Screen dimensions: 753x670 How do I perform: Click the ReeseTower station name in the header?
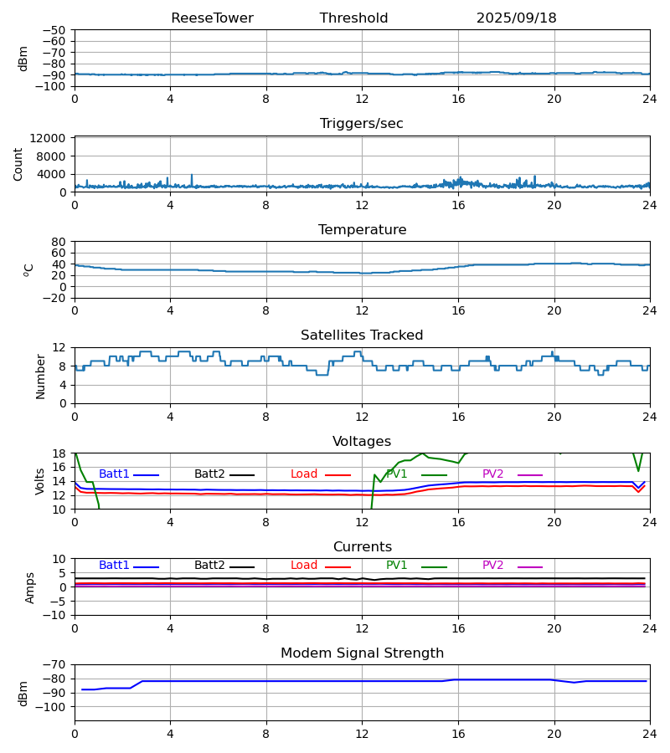click(x=212, y=18)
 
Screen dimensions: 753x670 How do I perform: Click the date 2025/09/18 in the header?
click(x=516, y=18)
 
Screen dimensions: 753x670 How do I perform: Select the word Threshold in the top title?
click(x=353, y=18)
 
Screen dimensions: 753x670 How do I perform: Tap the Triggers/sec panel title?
click(x=362, y=124)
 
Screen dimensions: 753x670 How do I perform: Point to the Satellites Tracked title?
click(x=362, y=336)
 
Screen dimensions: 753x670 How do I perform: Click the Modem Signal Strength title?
click(x=362, y=653)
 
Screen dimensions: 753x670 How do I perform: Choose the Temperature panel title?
click(x=362, y=230)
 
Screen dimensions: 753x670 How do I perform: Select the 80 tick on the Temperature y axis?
click(x=59, y=242)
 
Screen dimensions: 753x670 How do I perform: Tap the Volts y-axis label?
click(x=40, y=481)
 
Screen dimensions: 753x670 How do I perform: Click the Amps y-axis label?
click(x=30, y=587)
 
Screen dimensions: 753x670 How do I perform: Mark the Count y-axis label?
click(x=18, y=164)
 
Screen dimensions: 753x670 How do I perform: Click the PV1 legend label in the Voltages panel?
click(x=397, y=474)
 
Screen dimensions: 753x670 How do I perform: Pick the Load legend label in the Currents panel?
click(x=304, y=566)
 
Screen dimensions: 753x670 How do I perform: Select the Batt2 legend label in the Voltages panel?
click(x=209, y=474)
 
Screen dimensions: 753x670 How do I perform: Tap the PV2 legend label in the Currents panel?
click(x=492, y=566)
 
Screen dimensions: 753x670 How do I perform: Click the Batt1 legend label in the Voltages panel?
click(x=114, y=474)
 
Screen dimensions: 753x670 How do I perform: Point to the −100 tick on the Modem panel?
click(x=52, y=707)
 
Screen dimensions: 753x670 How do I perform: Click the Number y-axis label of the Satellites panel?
click(x=40, y=376)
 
